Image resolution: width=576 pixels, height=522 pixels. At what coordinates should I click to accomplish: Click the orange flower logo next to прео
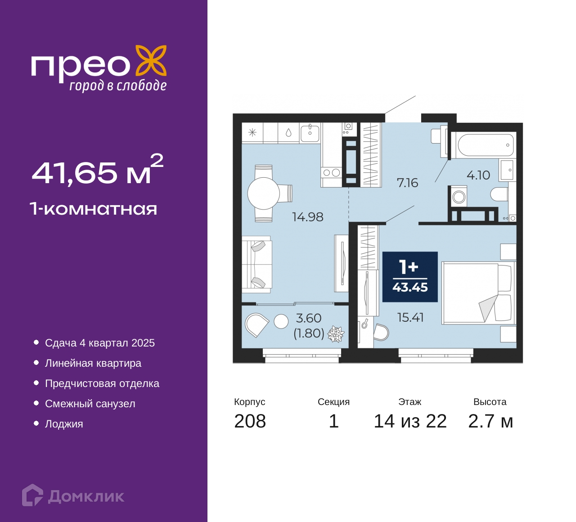151,61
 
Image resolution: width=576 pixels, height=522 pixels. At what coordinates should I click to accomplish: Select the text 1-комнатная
94,209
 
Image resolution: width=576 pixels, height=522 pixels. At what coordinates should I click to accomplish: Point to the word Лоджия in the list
64,424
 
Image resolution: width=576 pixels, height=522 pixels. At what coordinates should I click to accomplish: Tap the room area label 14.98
307,217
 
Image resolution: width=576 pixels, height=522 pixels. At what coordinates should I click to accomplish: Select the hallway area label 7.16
407,183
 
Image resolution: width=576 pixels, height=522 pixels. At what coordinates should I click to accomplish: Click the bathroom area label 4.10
478,175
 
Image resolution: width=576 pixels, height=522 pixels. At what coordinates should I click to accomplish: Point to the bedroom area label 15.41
410,318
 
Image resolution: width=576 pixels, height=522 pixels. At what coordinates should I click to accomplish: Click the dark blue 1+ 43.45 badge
410,277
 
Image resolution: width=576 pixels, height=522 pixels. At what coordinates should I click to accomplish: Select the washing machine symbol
458,196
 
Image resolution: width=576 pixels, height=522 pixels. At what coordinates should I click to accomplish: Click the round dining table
264,193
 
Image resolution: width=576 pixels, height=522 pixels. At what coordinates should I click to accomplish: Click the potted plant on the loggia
336,334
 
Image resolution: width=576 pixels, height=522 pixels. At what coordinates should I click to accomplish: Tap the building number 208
250,421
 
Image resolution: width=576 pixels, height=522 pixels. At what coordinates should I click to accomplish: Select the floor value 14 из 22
410,421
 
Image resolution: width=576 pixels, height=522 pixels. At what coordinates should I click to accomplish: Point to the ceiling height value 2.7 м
490,421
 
